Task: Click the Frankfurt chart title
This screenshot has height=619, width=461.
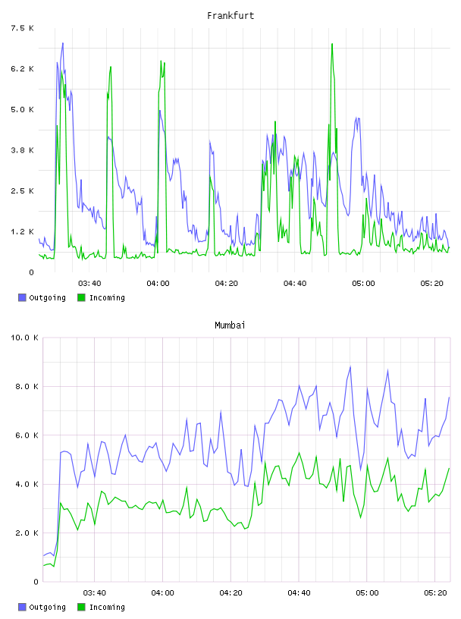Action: pos(230,15)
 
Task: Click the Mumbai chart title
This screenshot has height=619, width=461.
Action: pos(230,325)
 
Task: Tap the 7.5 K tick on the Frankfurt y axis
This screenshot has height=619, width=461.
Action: pos(22,28)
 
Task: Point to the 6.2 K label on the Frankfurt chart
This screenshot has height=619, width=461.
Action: pos(22,69)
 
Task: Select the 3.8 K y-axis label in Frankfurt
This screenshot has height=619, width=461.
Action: pos(22,150)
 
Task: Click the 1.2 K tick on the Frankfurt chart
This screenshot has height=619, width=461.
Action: pos(22,231)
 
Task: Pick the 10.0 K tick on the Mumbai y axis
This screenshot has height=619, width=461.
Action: pos(24,338)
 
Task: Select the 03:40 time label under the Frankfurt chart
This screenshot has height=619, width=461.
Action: pos(89,283)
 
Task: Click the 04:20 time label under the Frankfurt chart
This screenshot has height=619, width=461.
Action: pos(227,283)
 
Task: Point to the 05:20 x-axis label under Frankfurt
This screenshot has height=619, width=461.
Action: pos(431,283)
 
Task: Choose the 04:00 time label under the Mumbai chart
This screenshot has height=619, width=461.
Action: pos(162,592)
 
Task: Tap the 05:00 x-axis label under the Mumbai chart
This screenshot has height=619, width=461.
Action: pos(367,592)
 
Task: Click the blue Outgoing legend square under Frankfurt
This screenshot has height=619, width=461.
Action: pos(22,297)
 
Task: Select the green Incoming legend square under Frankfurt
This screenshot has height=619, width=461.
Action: pos(81,297)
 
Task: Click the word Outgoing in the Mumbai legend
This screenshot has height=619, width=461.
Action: pos(47,607)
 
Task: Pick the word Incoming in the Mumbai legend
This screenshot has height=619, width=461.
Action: pos(107,607)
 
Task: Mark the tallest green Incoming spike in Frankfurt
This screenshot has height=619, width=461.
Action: pos(332,44)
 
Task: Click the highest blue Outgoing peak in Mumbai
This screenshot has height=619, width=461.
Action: pos(350,366)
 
